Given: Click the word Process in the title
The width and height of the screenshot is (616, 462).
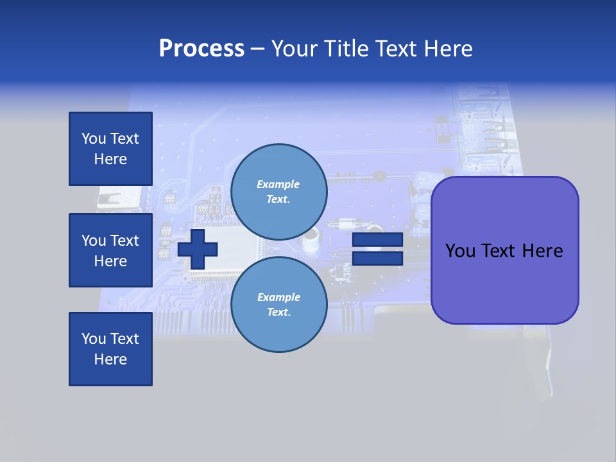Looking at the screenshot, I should click(x=201, y=49).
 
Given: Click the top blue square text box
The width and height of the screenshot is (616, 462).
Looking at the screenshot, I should click(x=110, y=149).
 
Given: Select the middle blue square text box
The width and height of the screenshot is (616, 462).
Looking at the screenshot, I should click(x=110, y=250).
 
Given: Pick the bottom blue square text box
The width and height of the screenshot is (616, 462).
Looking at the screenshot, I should click(x=110, y=349).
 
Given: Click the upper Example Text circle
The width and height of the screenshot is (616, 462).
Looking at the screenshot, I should click(x=278, y=192).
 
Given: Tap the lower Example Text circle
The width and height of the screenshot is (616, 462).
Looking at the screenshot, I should click(x=278, y=305).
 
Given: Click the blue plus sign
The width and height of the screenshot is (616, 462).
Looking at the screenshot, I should click(x=198, y=249).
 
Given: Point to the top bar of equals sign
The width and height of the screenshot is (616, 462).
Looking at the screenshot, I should click(x=377, y=240).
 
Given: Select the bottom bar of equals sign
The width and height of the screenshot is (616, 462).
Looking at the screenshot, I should click(x=377, y=258).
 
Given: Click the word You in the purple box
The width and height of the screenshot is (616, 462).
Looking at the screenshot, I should click(x=461, y=251).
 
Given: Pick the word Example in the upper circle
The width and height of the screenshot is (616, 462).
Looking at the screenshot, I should click(x=278, y=184).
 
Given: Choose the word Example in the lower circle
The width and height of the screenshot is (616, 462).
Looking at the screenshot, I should click(x=278, y=297).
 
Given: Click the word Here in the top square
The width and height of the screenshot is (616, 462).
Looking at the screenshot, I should click(x=110, y=159).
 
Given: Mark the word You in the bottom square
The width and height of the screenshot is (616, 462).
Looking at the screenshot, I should click(x=94, y=339).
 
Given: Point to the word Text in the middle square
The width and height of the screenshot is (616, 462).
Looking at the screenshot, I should click(x=124, y=241).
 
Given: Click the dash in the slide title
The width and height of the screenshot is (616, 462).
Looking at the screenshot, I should click(x=258, y=49).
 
